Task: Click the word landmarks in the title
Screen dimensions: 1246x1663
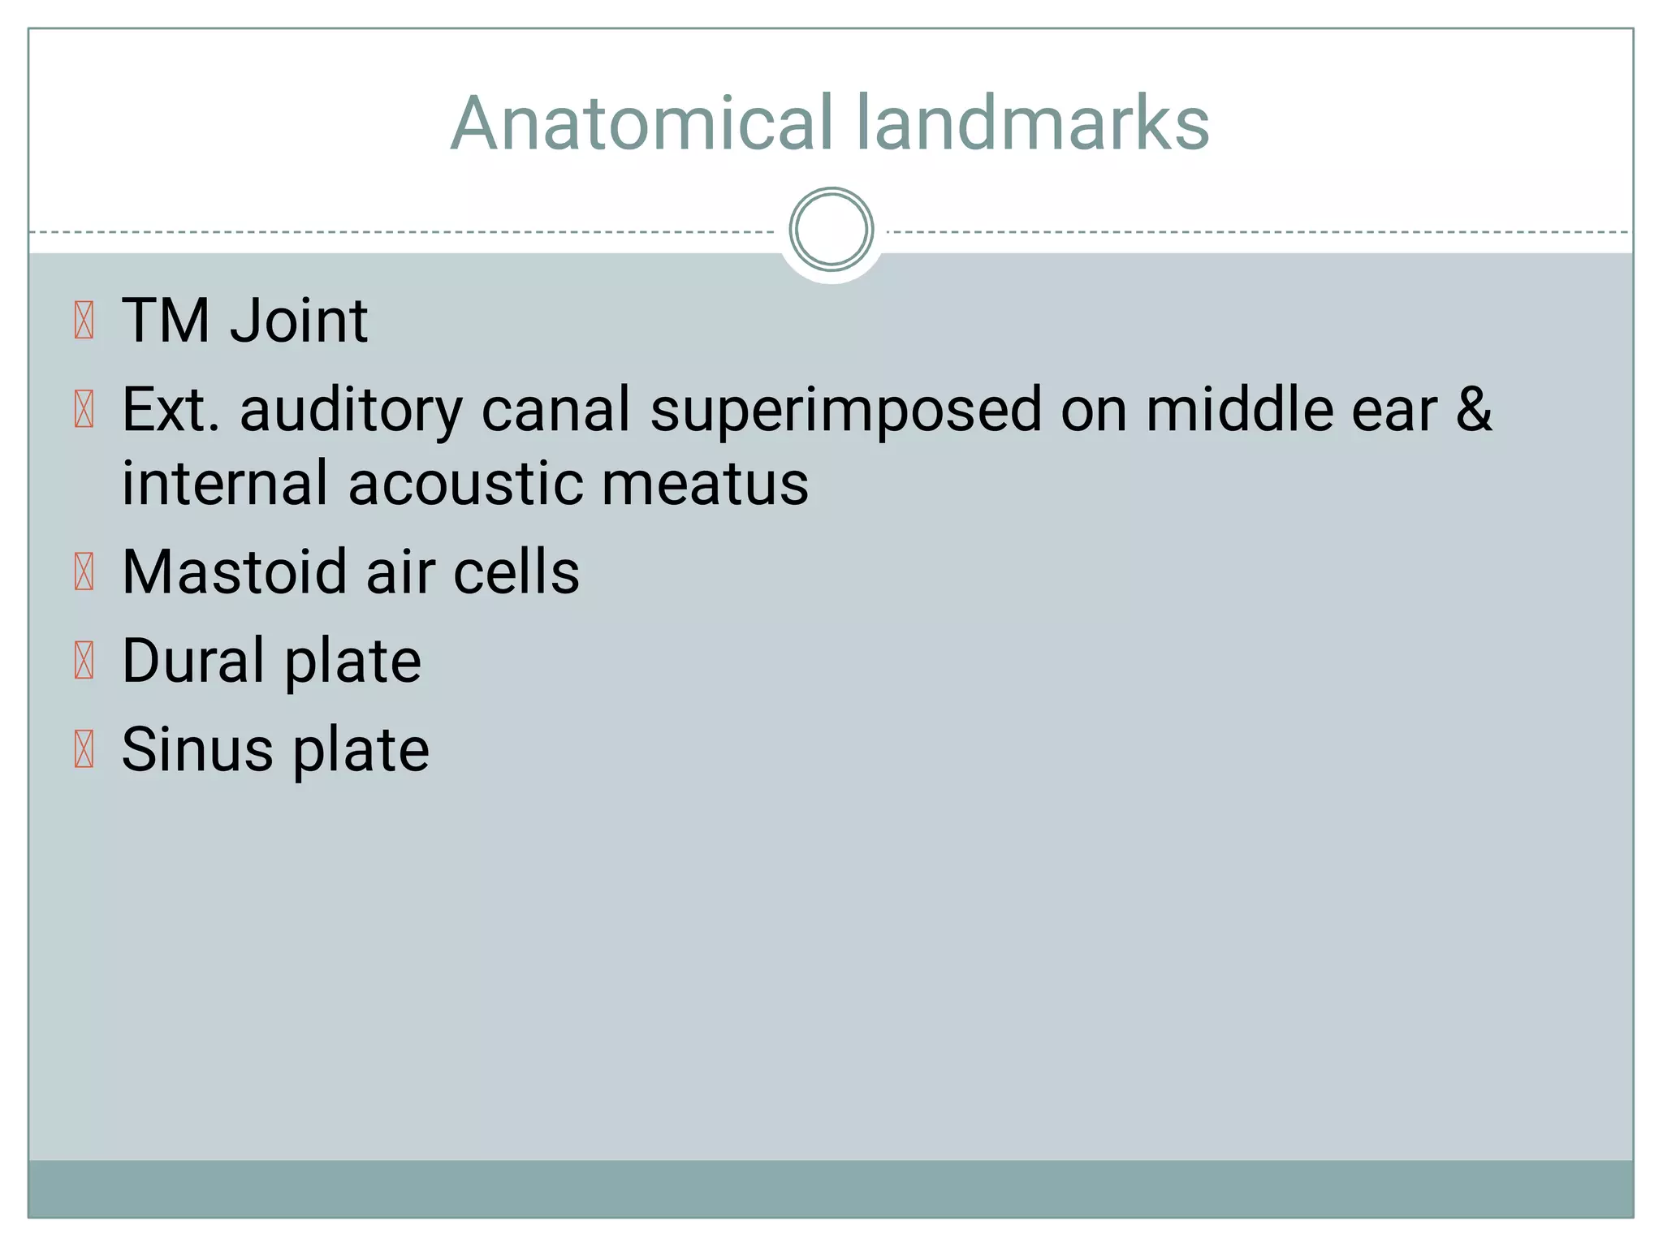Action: pos(1032,123)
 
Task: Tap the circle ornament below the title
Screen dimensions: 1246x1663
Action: pos(831,230)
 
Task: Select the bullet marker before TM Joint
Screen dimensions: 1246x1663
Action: pos(84,321)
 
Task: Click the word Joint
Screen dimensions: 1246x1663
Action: pos(299,321)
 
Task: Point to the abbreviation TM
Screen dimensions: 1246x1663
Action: pos(166,321)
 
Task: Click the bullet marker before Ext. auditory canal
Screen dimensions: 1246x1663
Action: pos(84,409)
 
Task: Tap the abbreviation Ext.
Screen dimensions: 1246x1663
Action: pos(171,409)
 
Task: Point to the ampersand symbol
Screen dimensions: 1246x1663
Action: pos(1473,409)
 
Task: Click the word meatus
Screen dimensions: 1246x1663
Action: pos(705,484)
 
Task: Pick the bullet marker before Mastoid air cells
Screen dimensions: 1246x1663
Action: pos(84,571)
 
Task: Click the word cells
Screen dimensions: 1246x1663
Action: pos(516,571)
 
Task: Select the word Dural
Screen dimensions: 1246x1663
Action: pos(193,661)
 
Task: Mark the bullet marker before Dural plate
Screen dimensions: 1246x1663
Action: pos(84,661)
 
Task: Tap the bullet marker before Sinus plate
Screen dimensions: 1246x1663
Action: pos(84,749)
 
